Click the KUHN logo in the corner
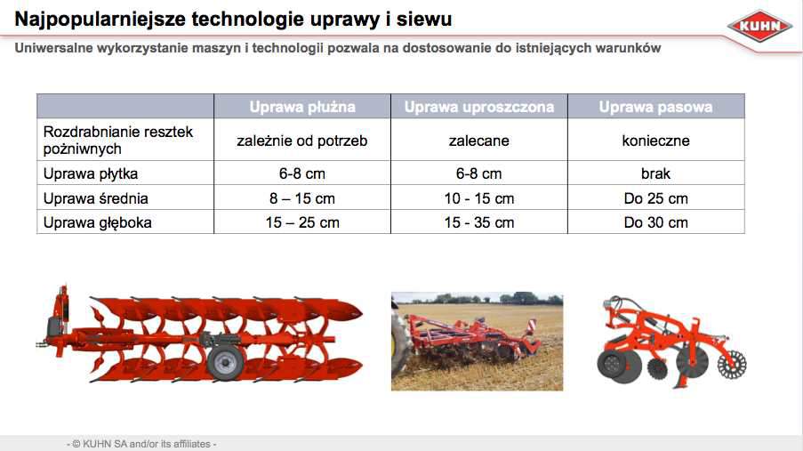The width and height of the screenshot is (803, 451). click(760, 26)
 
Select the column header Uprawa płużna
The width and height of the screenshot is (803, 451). click(302, 107)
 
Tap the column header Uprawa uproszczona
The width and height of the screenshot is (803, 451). click(478, 107)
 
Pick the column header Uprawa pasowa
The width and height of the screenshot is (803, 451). click(655, 107)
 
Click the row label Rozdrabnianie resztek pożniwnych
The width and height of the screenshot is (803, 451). click(117, 140)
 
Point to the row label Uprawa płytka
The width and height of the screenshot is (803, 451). click(91, 173)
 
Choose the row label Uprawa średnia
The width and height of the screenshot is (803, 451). click(96, 198)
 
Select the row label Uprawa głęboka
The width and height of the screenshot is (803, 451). click(97, 222)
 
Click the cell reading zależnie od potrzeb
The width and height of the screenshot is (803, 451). click(302, 141)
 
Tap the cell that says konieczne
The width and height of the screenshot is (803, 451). click(655, 141)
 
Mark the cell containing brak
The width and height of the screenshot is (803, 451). click(655, 173)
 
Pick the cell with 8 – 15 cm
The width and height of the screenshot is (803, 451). click(302, 198)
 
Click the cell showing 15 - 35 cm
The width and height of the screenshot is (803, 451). click(478, 222)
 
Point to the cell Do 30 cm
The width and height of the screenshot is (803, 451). click(655, 222)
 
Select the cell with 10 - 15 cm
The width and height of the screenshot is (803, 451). click(478, 198)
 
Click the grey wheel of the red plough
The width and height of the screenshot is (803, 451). click(225, 362)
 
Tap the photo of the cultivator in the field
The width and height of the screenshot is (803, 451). click(477, 342)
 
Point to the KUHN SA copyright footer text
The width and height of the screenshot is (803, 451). click(141, 444)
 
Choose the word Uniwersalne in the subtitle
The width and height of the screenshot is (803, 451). click(53, 48)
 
